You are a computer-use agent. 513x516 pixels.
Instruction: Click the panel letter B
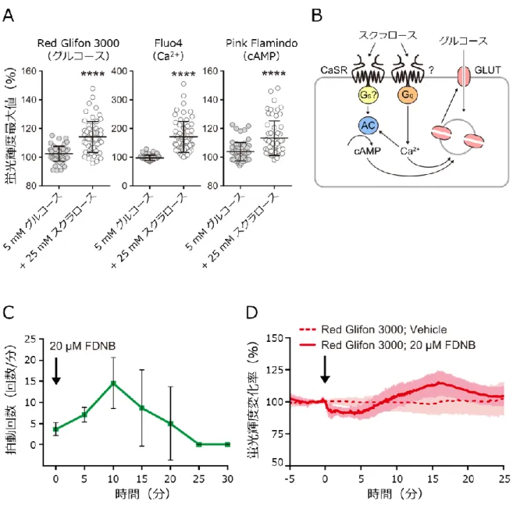317,16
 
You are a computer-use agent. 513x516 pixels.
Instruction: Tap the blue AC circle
369,126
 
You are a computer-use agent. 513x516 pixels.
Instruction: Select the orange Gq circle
408,94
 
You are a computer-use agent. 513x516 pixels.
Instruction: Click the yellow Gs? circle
369,94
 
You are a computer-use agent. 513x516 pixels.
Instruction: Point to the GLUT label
487,70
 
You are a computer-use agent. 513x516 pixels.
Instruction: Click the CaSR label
333,70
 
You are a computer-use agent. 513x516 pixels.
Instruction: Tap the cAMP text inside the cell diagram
367,151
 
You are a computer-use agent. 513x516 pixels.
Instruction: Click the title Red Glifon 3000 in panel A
78,43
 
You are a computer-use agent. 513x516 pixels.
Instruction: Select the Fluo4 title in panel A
168,43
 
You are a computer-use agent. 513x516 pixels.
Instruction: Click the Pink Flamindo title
262,43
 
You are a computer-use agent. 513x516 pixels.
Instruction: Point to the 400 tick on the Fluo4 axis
119,71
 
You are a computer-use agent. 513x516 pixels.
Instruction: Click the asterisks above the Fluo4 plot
183,74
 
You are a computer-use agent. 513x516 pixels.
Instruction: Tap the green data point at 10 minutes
113,383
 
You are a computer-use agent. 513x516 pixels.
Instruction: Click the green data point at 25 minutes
199,444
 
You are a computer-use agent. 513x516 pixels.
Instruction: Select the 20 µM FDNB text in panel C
83,346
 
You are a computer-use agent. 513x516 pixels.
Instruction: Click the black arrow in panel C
56,371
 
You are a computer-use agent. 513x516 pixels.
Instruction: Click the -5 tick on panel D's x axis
290,479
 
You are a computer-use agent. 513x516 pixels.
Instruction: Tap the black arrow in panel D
325,369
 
